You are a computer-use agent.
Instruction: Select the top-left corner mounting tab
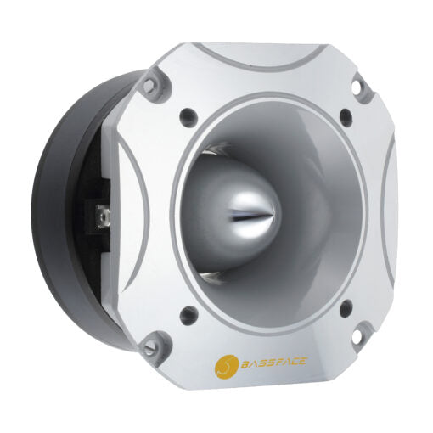151,84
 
